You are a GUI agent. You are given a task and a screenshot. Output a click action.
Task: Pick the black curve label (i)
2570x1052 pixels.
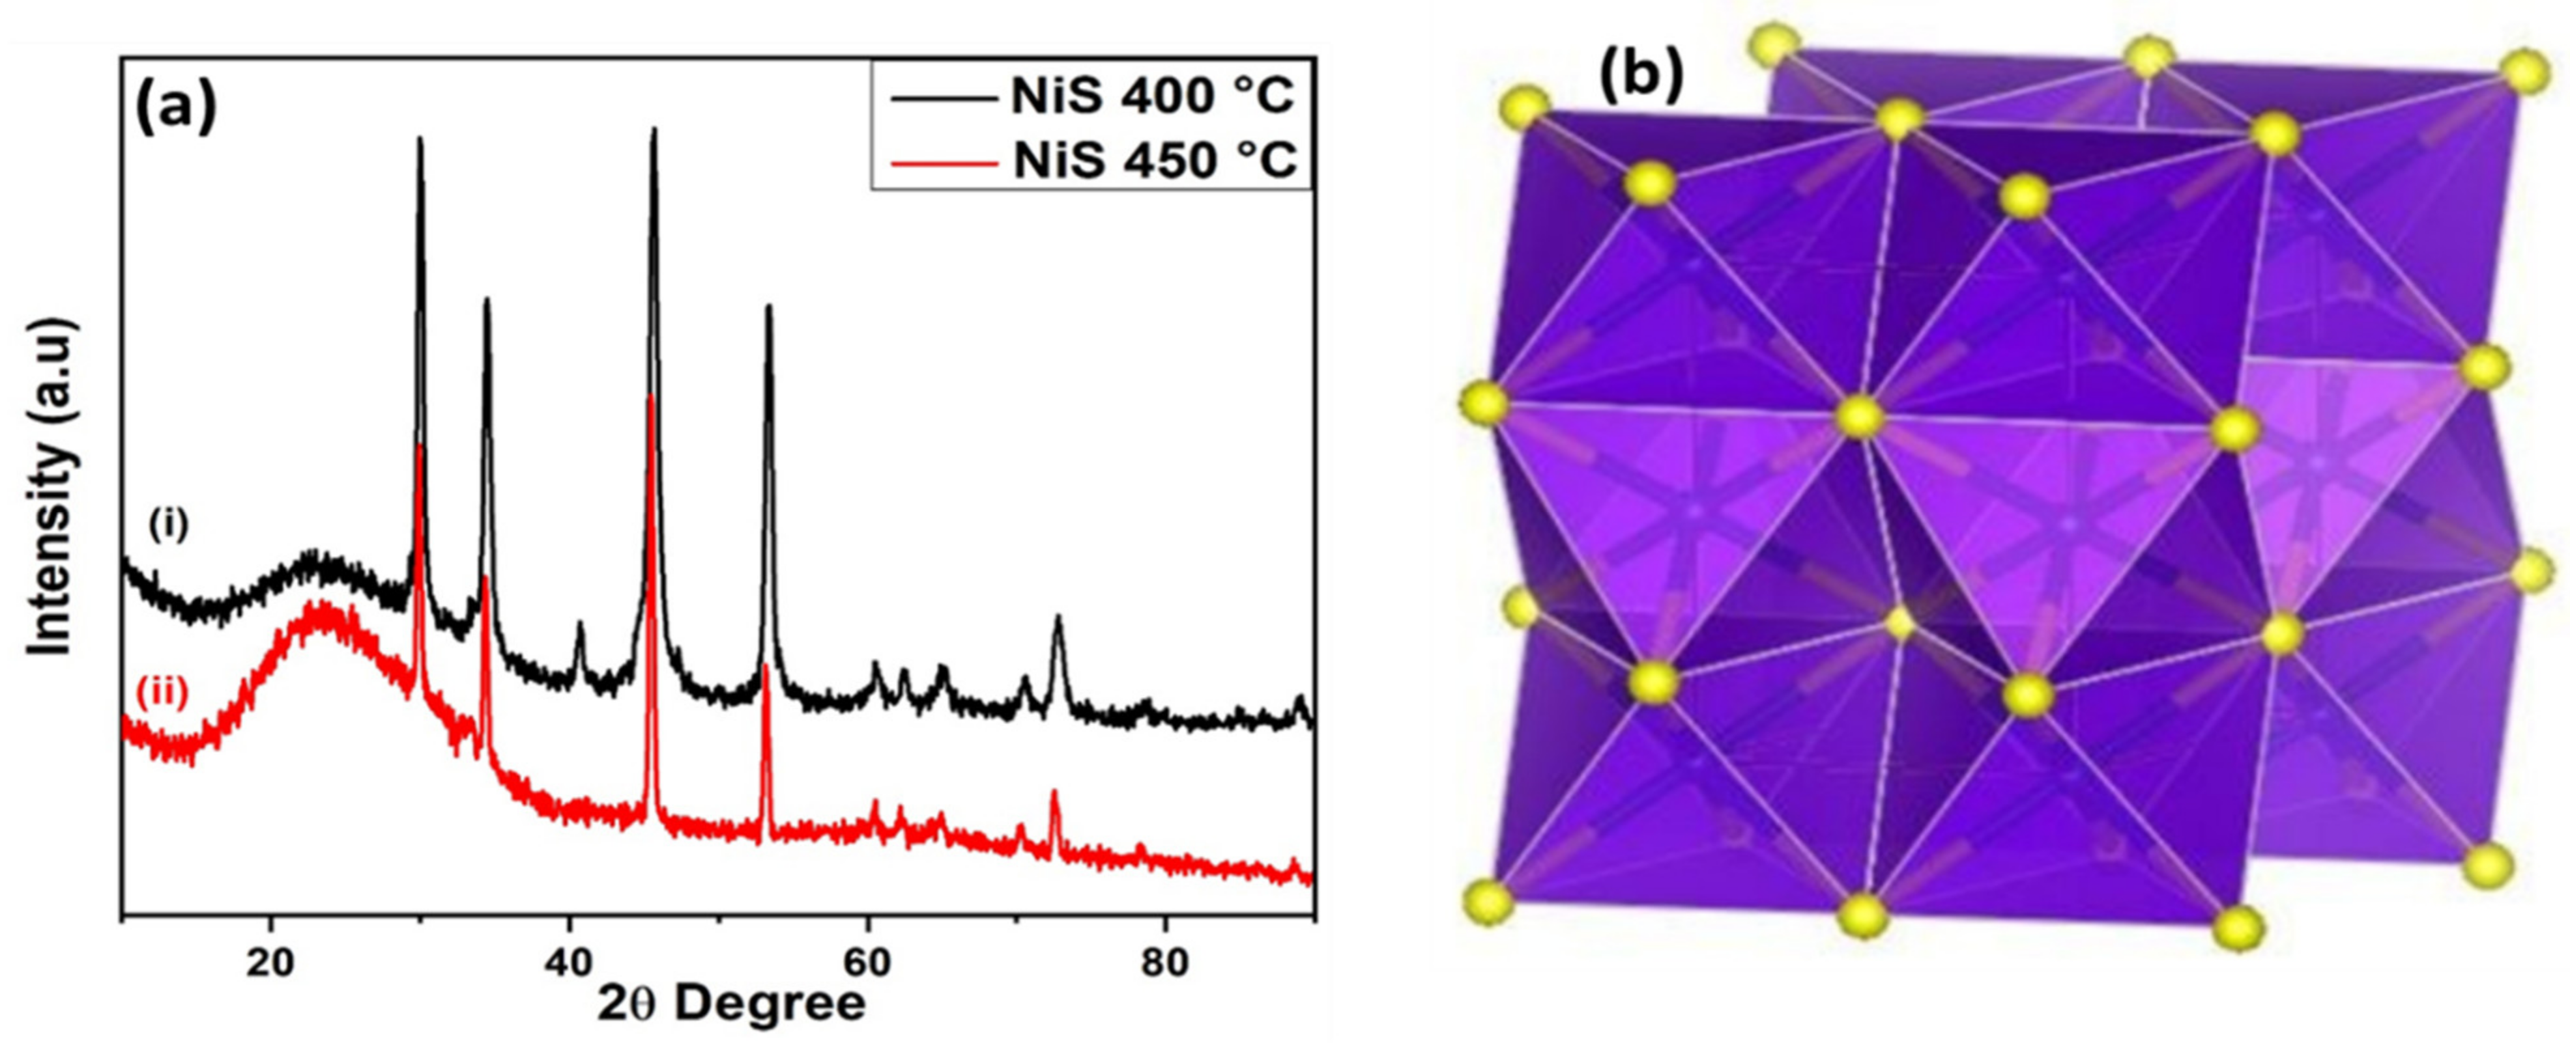(169, 525)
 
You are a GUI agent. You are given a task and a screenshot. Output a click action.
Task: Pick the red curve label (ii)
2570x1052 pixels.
(163, 691)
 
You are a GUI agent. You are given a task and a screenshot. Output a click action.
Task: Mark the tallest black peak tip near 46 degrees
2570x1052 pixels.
(654, 130)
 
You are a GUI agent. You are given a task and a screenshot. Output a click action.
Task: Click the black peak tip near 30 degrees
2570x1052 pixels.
(420, 139)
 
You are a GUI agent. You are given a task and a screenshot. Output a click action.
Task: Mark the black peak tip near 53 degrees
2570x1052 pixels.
(768, 307)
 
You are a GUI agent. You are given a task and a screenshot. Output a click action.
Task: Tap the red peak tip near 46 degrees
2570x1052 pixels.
(650, 397)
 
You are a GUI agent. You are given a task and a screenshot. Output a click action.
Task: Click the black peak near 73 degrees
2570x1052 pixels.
(1058, 618)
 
